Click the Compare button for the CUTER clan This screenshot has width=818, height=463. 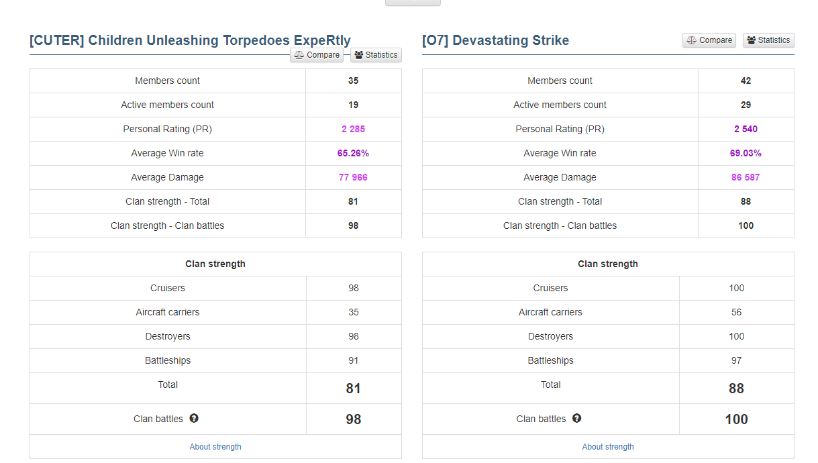pos(317,55)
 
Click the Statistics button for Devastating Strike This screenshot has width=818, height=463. pos(768,40)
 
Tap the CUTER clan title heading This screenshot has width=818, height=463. pos(190,40)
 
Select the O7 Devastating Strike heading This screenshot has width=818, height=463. pos(495,40)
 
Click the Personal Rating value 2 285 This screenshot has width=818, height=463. pos(353,129)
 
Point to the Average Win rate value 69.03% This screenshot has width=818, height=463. pos(746,153)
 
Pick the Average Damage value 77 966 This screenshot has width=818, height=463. pos(353,177)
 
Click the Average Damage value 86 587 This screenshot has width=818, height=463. pos(746,177)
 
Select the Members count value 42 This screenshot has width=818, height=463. pos(746,81)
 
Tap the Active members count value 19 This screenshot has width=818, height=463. pos(353,105)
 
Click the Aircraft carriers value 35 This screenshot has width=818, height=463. pos(354,312)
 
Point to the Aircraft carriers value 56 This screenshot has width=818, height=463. pos(736,312)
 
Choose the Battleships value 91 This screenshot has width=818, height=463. pos(354,360)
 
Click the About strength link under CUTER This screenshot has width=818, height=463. pos(215,447)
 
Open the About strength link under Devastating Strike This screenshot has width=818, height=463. pos(608,447)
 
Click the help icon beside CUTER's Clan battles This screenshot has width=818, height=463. pos(194,418)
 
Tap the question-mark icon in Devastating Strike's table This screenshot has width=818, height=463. pos(576,418)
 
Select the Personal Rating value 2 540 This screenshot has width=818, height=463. pos(746,129)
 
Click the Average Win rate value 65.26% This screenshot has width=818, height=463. pos(353,153)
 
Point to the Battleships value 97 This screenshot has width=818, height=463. pos(736,360)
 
